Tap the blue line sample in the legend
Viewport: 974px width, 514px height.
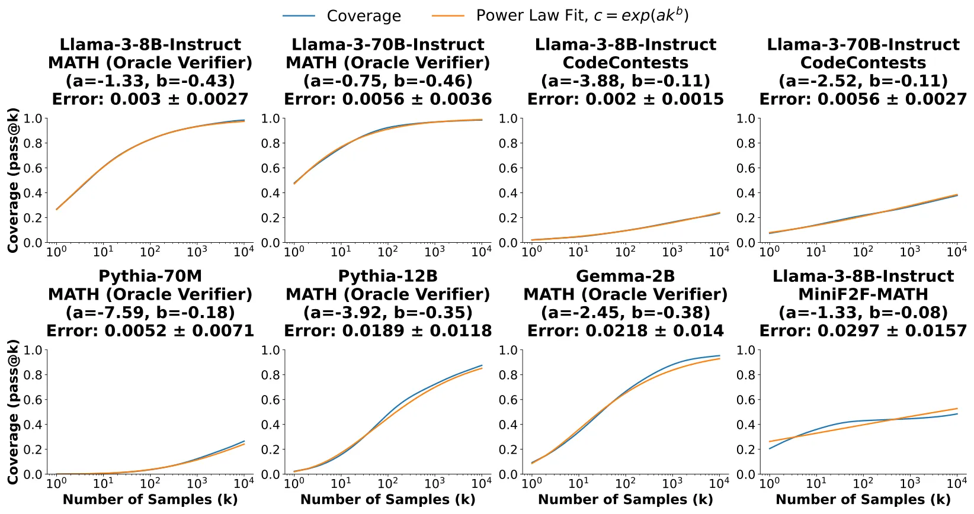pos(299,16)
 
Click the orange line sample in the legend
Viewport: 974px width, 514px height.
pos(448,16)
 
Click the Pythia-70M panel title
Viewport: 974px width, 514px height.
pos(150,276)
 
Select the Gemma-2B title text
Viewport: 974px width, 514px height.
pos(625,276)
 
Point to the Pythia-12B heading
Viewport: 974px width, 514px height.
pos(388,276)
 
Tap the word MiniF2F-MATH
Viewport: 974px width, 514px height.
pos(863,294)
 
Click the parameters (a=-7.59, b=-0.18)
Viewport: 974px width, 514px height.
pos(150,313)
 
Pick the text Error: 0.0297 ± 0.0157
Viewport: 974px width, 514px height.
pos(863,331)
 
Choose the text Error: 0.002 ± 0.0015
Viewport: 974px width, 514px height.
pos(625,99)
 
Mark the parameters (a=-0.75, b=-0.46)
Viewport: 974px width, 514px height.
pos(388,81)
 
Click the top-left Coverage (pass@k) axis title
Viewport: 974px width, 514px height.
pos(13,180)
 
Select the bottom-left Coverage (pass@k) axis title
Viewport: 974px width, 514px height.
pos(13,412)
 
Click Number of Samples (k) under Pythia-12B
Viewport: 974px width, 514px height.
pos(388,499)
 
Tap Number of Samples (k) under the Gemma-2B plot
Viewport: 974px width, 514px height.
pos(625,499)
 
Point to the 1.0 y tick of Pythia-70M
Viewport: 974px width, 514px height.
pos(33,350)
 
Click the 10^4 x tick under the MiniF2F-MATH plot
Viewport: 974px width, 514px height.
pos(957,482)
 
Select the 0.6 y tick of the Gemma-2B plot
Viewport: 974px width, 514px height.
pos(508,400)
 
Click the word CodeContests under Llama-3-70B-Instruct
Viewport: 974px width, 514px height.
pos(863,63)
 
